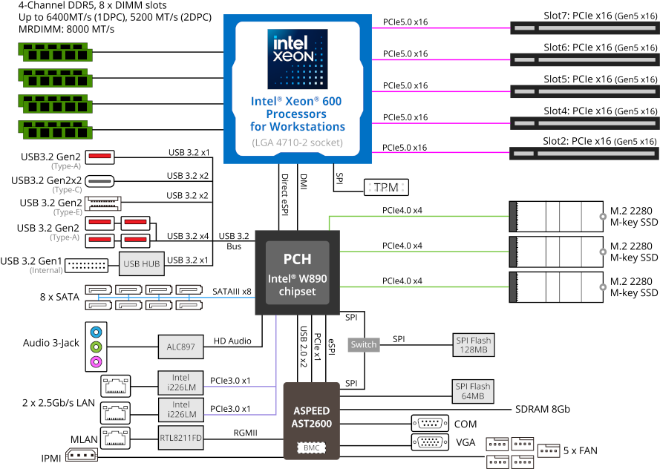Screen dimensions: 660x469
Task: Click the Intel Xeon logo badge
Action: tap(298, 59)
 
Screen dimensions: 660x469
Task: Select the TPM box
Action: tap(386, 187)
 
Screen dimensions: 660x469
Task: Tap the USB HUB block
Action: tap(141, 263)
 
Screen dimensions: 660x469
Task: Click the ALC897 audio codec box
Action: tap(181, 347)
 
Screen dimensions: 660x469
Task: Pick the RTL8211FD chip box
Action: tap(181, 438)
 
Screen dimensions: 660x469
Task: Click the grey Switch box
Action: tap(364, 344)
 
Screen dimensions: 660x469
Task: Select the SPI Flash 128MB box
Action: tap(474, 345)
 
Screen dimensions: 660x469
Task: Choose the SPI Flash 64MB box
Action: tap(473, 391)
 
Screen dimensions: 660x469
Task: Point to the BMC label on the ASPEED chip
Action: tap(312, 448)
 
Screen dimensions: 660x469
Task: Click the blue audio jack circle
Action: tap(97, 332)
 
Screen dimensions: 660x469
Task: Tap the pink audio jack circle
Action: tap(97, 361)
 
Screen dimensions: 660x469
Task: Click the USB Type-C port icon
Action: tap(99, 181)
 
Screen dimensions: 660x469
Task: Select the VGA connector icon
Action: tap(430, 442)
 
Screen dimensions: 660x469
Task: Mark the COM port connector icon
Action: tap(430, 423)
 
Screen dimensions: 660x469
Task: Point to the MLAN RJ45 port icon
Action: tap(115, 439)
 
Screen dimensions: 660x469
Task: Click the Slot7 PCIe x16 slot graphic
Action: tap(584, 28)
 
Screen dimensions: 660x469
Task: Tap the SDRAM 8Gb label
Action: tap(543, 410)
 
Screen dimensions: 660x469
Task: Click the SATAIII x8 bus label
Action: tap(232, 292)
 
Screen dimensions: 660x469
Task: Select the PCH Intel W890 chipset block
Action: tap(298, 272)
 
